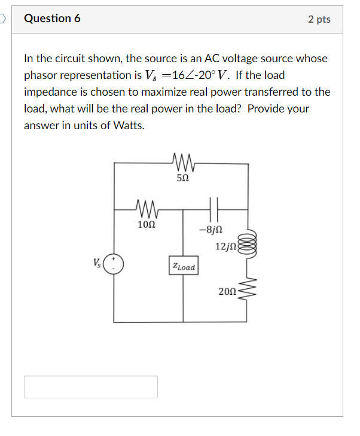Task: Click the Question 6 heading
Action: pos(52,19)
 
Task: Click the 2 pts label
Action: pos(319,19)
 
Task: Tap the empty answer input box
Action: pos(91,386)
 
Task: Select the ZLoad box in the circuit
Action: pos(183,267)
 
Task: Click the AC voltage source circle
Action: pos(114,264)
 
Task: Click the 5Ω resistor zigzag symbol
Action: pos(183,162)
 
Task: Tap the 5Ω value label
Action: pos(183,178)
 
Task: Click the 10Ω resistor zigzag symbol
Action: pos(147,209)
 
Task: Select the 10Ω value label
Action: pos(147,225)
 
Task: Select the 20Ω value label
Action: pos(228,291)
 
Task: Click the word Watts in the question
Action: pos(129,126)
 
